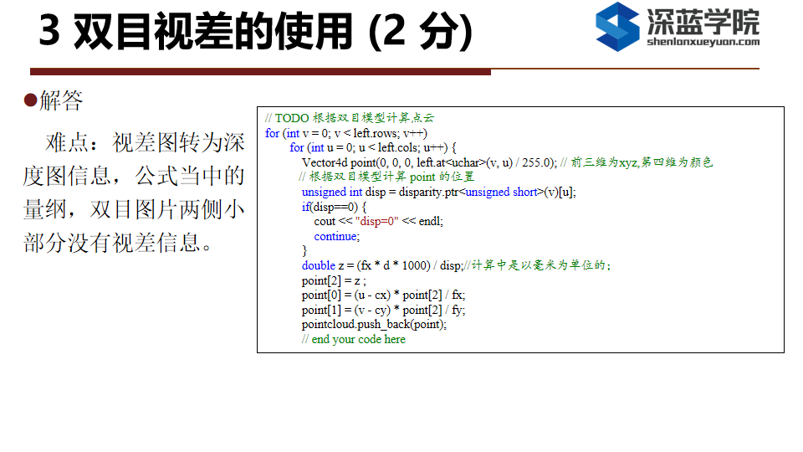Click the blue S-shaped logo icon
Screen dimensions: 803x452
click(x=617, y=27)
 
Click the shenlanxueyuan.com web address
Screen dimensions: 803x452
click(x=703, y=42)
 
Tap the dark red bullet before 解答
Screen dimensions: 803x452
click(x=30, y=100)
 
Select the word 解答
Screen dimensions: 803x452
click(x=61, y=100)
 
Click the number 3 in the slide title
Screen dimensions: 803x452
click(x=49, y=30)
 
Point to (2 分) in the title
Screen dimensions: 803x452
click(x=420, y=31)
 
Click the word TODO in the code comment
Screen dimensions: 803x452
click(x=292, y=118)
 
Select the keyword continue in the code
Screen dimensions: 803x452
click(x=336, y=236)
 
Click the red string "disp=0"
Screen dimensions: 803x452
click(x=376, y=221)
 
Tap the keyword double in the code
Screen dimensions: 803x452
click(x=319, y=265)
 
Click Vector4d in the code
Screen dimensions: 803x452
click(x=325, y=162)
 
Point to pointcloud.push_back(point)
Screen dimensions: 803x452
click(x=374, y=325)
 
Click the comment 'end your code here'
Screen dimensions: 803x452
click(x=359, y=339)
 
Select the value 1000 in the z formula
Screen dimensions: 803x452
click(x=416, y=265)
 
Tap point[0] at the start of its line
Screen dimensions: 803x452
click(x=321, y=295)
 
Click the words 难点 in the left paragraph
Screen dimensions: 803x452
click(x=67, y=142)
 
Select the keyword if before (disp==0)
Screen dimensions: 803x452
click(x=306, y=207)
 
